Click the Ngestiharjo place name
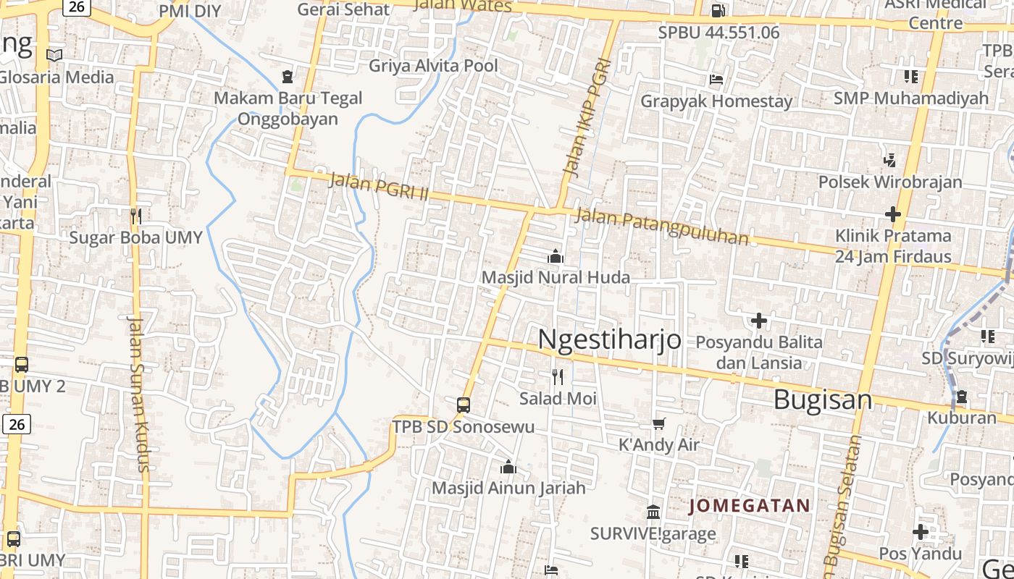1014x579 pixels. (609, 339)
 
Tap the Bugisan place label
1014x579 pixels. (823, 400)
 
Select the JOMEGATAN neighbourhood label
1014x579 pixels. (749, 505)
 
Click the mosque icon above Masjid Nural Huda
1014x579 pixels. (556, 256)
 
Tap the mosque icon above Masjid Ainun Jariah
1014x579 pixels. (508, 467)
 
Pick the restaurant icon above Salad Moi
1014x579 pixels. (557, 377)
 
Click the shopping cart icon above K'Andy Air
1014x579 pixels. (658, 423)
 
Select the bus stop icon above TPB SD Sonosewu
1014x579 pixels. (464, 405)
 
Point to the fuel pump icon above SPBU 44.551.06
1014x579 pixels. (718, 11)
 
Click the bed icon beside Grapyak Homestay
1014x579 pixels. (716, 79)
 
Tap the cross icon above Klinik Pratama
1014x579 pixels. (892, 214)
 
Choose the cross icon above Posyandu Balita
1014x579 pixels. (758, 320)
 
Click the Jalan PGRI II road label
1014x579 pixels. (379, 187)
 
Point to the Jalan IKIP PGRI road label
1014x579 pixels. (586, 118)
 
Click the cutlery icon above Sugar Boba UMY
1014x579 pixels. (135, 216)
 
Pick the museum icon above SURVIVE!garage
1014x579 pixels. (653, 512)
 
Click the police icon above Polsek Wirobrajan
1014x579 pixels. (890, 160)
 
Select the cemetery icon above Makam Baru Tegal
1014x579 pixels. (288, 76)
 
